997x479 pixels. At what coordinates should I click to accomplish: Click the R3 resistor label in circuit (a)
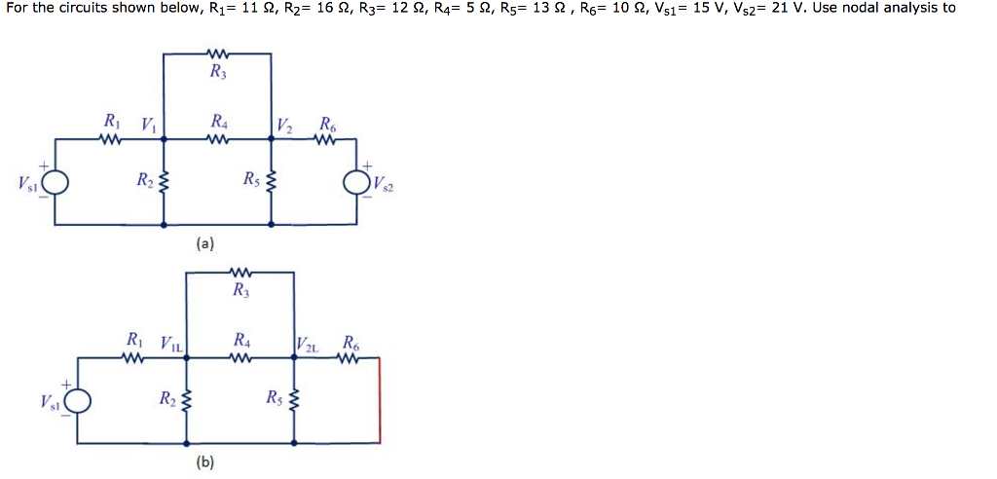tap(216, 71)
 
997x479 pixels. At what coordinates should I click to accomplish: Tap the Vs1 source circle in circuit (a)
tap(55, 182)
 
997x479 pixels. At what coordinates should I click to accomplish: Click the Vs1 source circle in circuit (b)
tap(78, 400)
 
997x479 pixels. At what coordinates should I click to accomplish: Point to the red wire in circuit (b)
tap(379, 399)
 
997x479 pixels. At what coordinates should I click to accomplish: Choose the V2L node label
tap(307, 342)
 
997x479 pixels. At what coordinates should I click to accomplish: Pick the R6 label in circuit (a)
tap(325, 123)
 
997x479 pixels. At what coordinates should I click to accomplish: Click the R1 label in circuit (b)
tap(135, 341)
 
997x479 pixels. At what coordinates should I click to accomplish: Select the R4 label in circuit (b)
tap(241, 341)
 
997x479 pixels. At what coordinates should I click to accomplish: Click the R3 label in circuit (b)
tap(240, 289)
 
